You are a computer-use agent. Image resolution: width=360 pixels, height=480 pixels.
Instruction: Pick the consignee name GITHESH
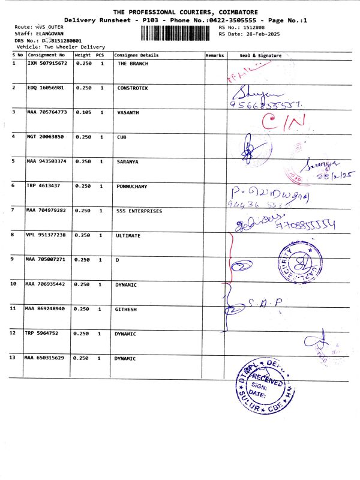point(128,308)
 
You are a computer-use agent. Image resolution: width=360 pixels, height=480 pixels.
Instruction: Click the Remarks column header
point(214,55)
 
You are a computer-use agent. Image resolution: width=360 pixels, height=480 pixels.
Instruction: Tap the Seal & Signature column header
point(260,55)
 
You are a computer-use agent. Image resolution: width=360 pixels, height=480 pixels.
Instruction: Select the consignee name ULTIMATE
point(128,235)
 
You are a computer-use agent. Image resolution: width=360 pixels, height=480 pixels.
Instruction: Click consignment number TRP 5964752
point(41,333)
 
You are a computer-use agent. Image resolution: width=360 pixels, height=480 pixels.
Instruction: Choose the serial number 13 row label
point(14,358)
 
